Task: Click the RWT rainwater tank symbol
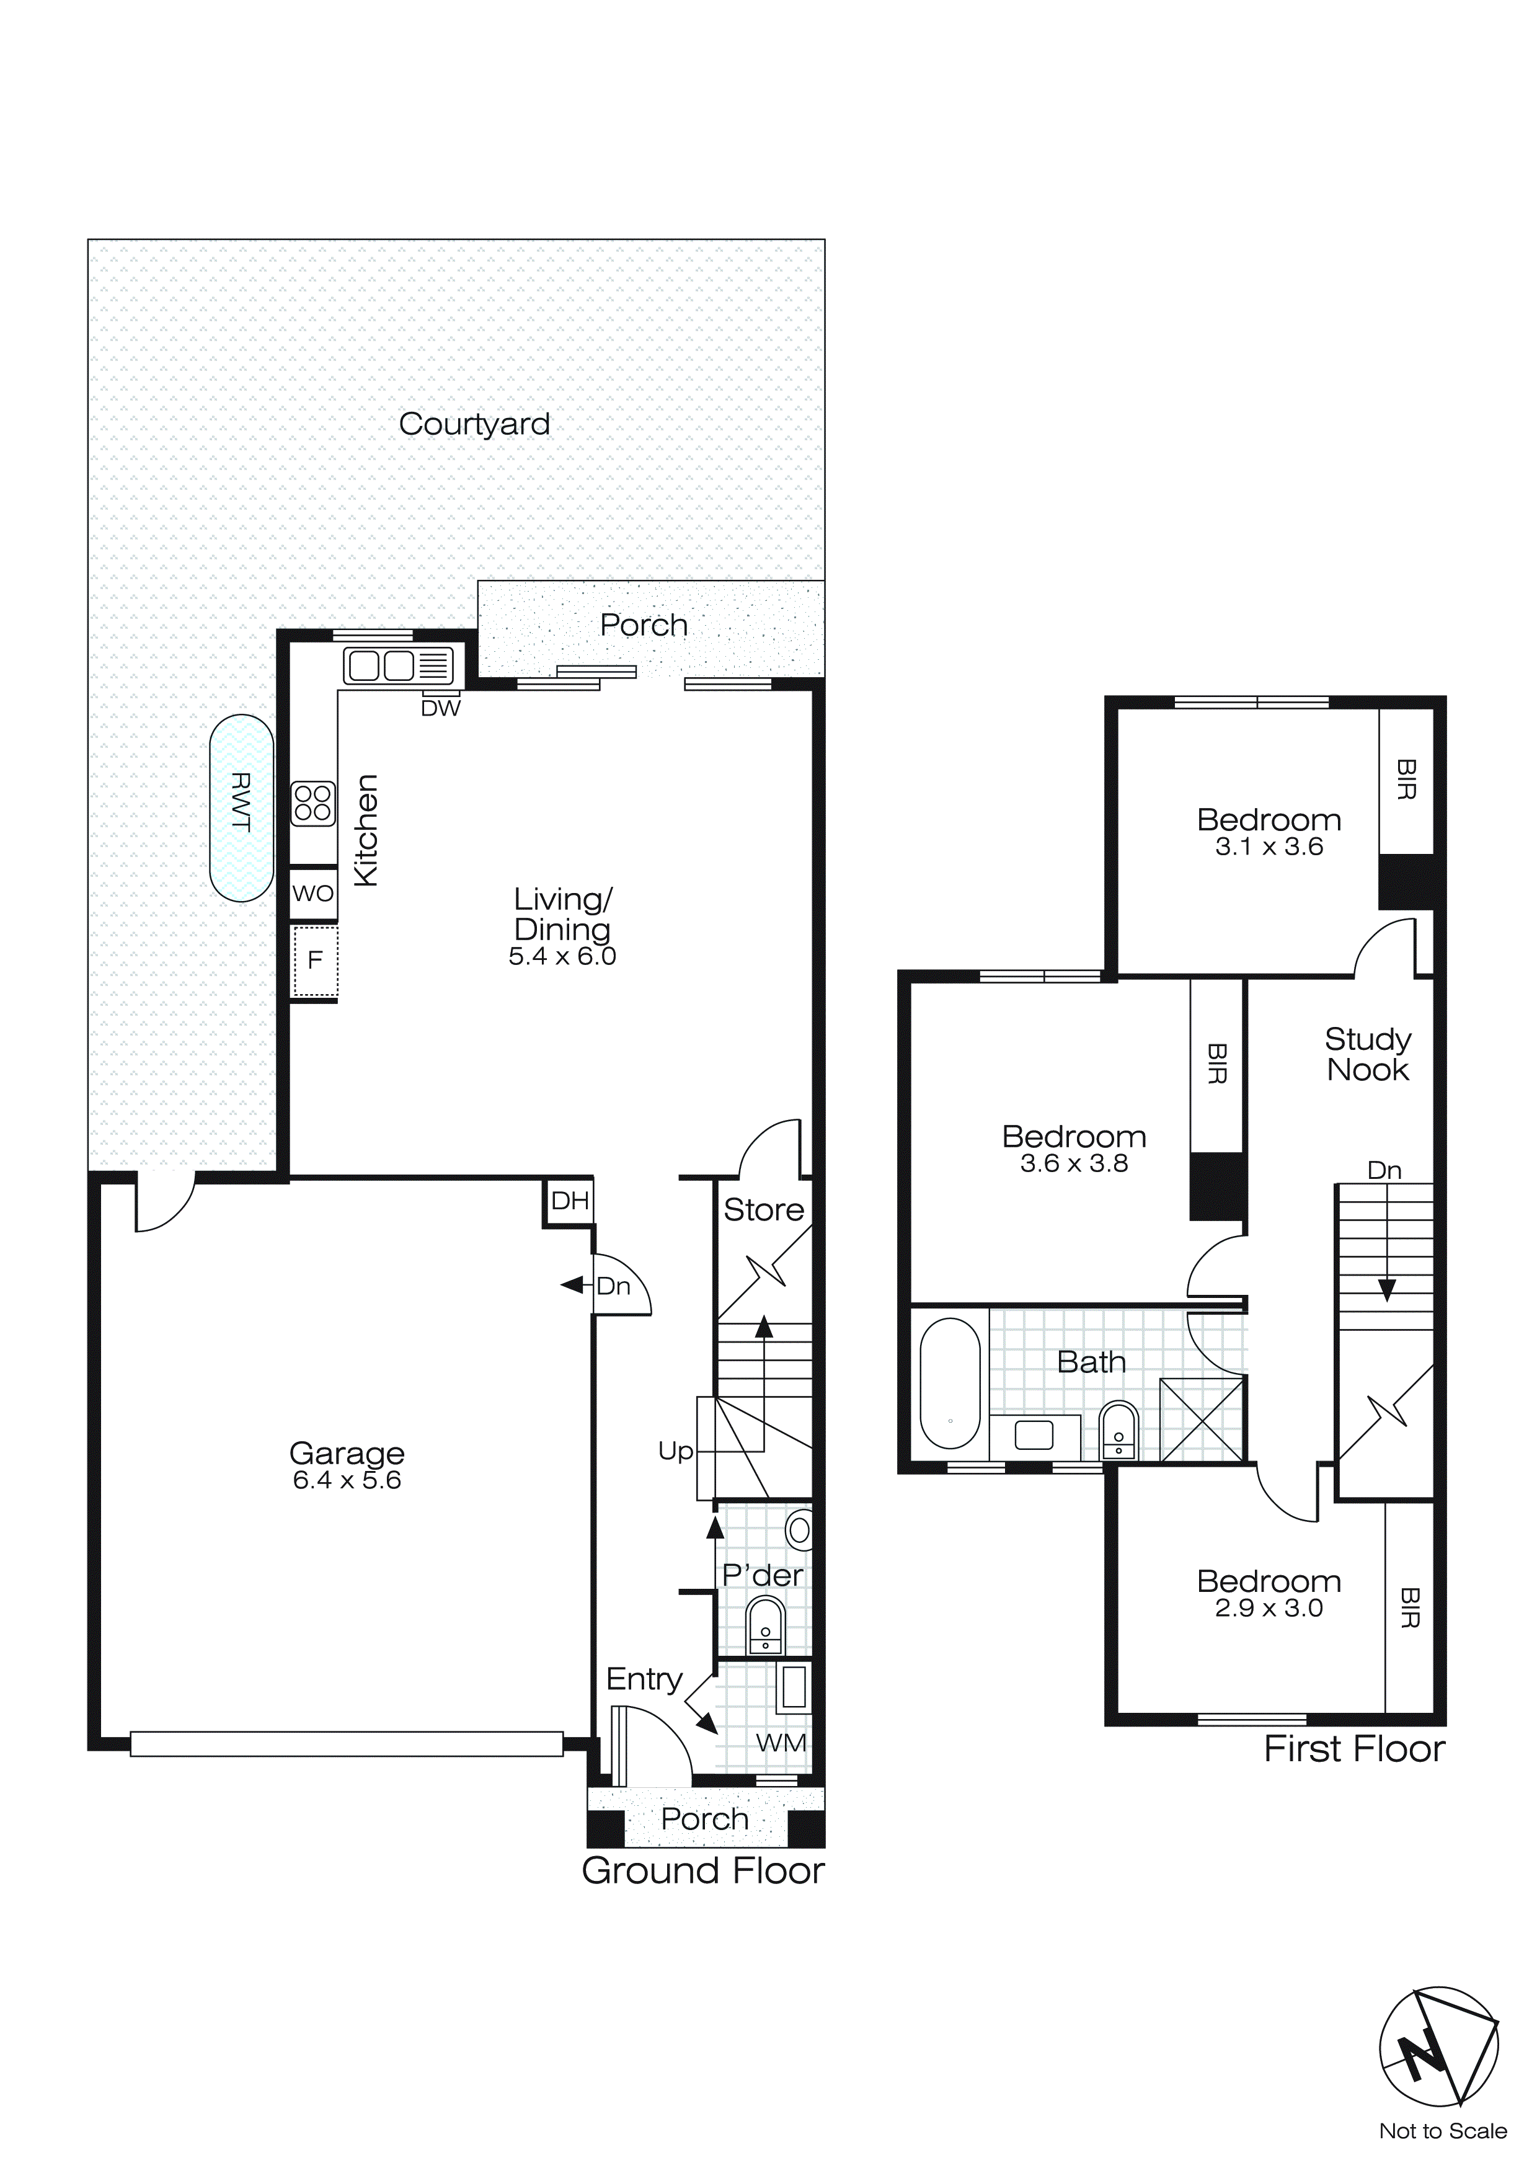pos(241,807)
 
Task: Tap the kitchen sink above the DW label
pos(397,666)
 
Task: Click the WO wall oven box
pos(312,894)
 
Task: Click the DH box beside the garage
pos(570,1202)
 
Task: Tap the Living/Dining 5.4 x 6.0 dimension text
pos(562,957)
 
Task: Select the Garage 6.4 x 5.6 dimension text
pos(347,1480)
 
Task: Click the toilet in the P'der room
pos(764,1624)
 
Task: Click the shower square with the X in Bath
pos(1201,1420)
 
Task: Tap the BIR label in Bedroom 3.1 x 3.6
pos(1406,780)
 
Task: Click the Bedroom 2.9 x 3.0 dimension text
pos(1268,1608)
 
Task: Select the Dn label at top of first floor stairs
pos(1384,1171)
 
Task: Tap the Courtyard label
pos(474,424)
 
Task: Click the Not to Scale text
pos(1442,2131)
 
